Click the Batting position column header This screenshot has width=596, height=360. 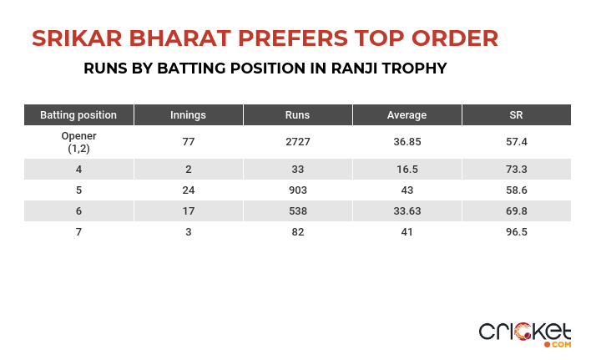tap(78, 114)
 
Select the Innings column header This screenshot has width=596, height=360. tap(188, 114)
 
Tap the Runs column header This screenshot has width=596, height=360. tap(298, 114)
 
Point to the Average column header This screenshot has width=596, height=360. tap(407, 114)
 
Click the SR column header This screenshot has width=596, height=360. tap(516, 114)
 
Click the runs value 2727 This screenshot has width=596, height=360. tap(298, 142)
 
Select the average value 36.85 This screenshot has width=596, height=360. tap(407, 142)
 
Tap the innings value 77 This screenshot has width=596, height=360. tap(189, 142)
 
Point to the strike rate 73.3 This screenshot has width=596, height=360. tap(517, 170)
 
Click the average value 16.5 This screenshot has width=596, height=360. tap(407, 170)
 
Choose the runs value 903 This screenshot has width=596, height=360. tap(298, 190)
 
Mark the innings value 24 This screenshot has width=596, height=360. tap(189, 190)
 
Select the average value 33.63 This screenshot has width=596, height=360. tap(407, 211)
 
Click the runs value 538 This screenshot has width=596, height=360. tap(298, 211)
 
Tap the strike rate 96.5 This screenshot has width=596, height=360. tap(517, 232)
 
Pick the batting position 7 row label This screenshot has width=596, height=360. tap(78, 232)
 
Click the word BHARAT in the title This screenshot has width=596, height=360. tap(179, 38)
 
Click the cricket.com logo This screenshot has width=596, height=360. tap(525, 335)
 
